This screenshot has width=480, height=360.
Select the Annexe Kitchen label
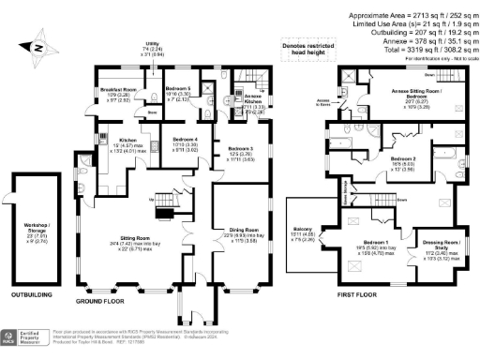coord(230,100)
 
